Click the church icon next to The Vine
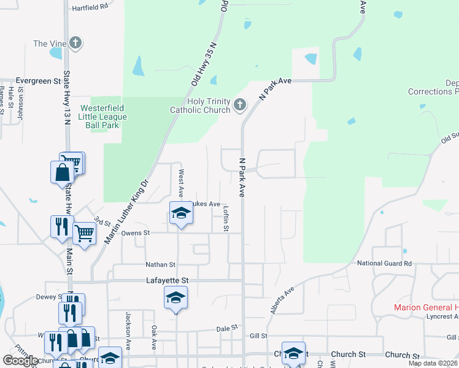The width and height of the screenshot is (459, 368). tap(75, 43)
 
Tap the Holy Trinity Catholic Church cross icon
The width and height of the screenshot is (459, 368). tap(239, 105)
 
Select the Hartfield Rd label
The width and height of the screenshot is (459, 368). tap(90, 6)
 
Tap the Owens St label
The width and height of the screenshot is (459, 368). tap(136, 233)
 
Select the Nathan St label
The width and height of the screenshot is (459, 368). tap(160, 265)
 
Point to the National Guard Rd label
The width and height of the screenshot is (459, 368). tap(385, 264)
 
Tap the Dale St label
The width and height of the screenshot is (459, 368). tap(226, 329)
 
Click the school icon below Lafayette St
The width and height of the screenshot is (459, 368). tap(176, 298)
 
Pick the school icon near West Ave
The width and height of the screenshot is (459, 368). tap(181, 213)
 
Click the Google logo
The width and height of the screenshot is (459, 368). tap(20, 361)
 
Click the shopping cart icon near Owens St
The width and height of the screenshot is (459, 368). tap(84, 232)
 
